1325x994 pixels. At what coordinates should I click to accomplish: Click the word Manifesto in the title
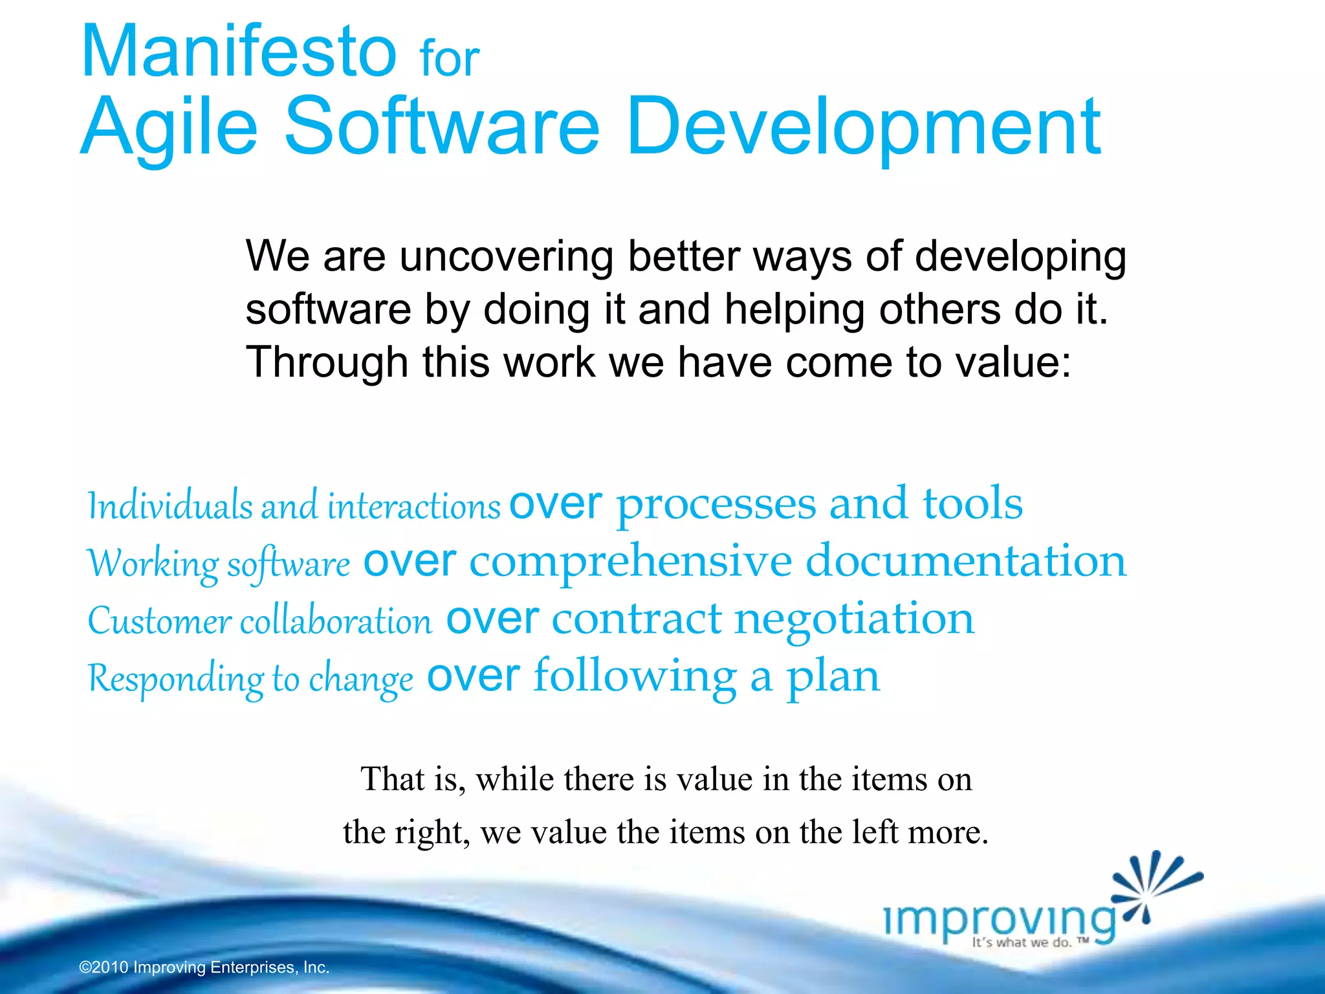tap(238, 52)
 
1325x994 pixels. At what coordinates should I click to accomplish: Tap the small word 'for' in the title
tap(449, 60)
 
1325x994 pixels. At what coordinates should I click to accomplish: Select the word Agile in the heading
tap(170, 127)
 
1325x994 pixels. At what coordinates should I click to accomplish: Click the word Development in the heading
tap(863, 127)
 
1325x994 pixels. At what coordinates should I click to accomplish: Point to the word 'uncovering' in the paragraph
tap(506, 257)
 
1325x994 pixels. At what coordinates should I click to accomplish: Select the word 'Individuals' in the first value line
tap(170, 505)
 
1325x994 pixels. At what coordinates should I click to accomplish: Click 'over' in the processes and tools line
tap(555, 503)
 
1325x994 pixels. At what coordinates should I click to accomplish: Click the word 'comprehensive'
tap(630, 561)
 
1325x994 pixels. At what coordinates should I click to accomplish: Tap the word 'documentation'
tap(965, 560)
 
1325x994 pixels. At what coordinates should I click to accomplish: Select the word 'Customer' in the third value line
tap(159, 621)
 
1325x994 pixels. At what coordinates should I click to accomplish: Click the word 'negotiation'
tap(854, 618)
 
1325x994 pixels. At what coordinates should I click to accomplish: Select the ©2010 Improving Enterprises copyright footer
tap(204, 967)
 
